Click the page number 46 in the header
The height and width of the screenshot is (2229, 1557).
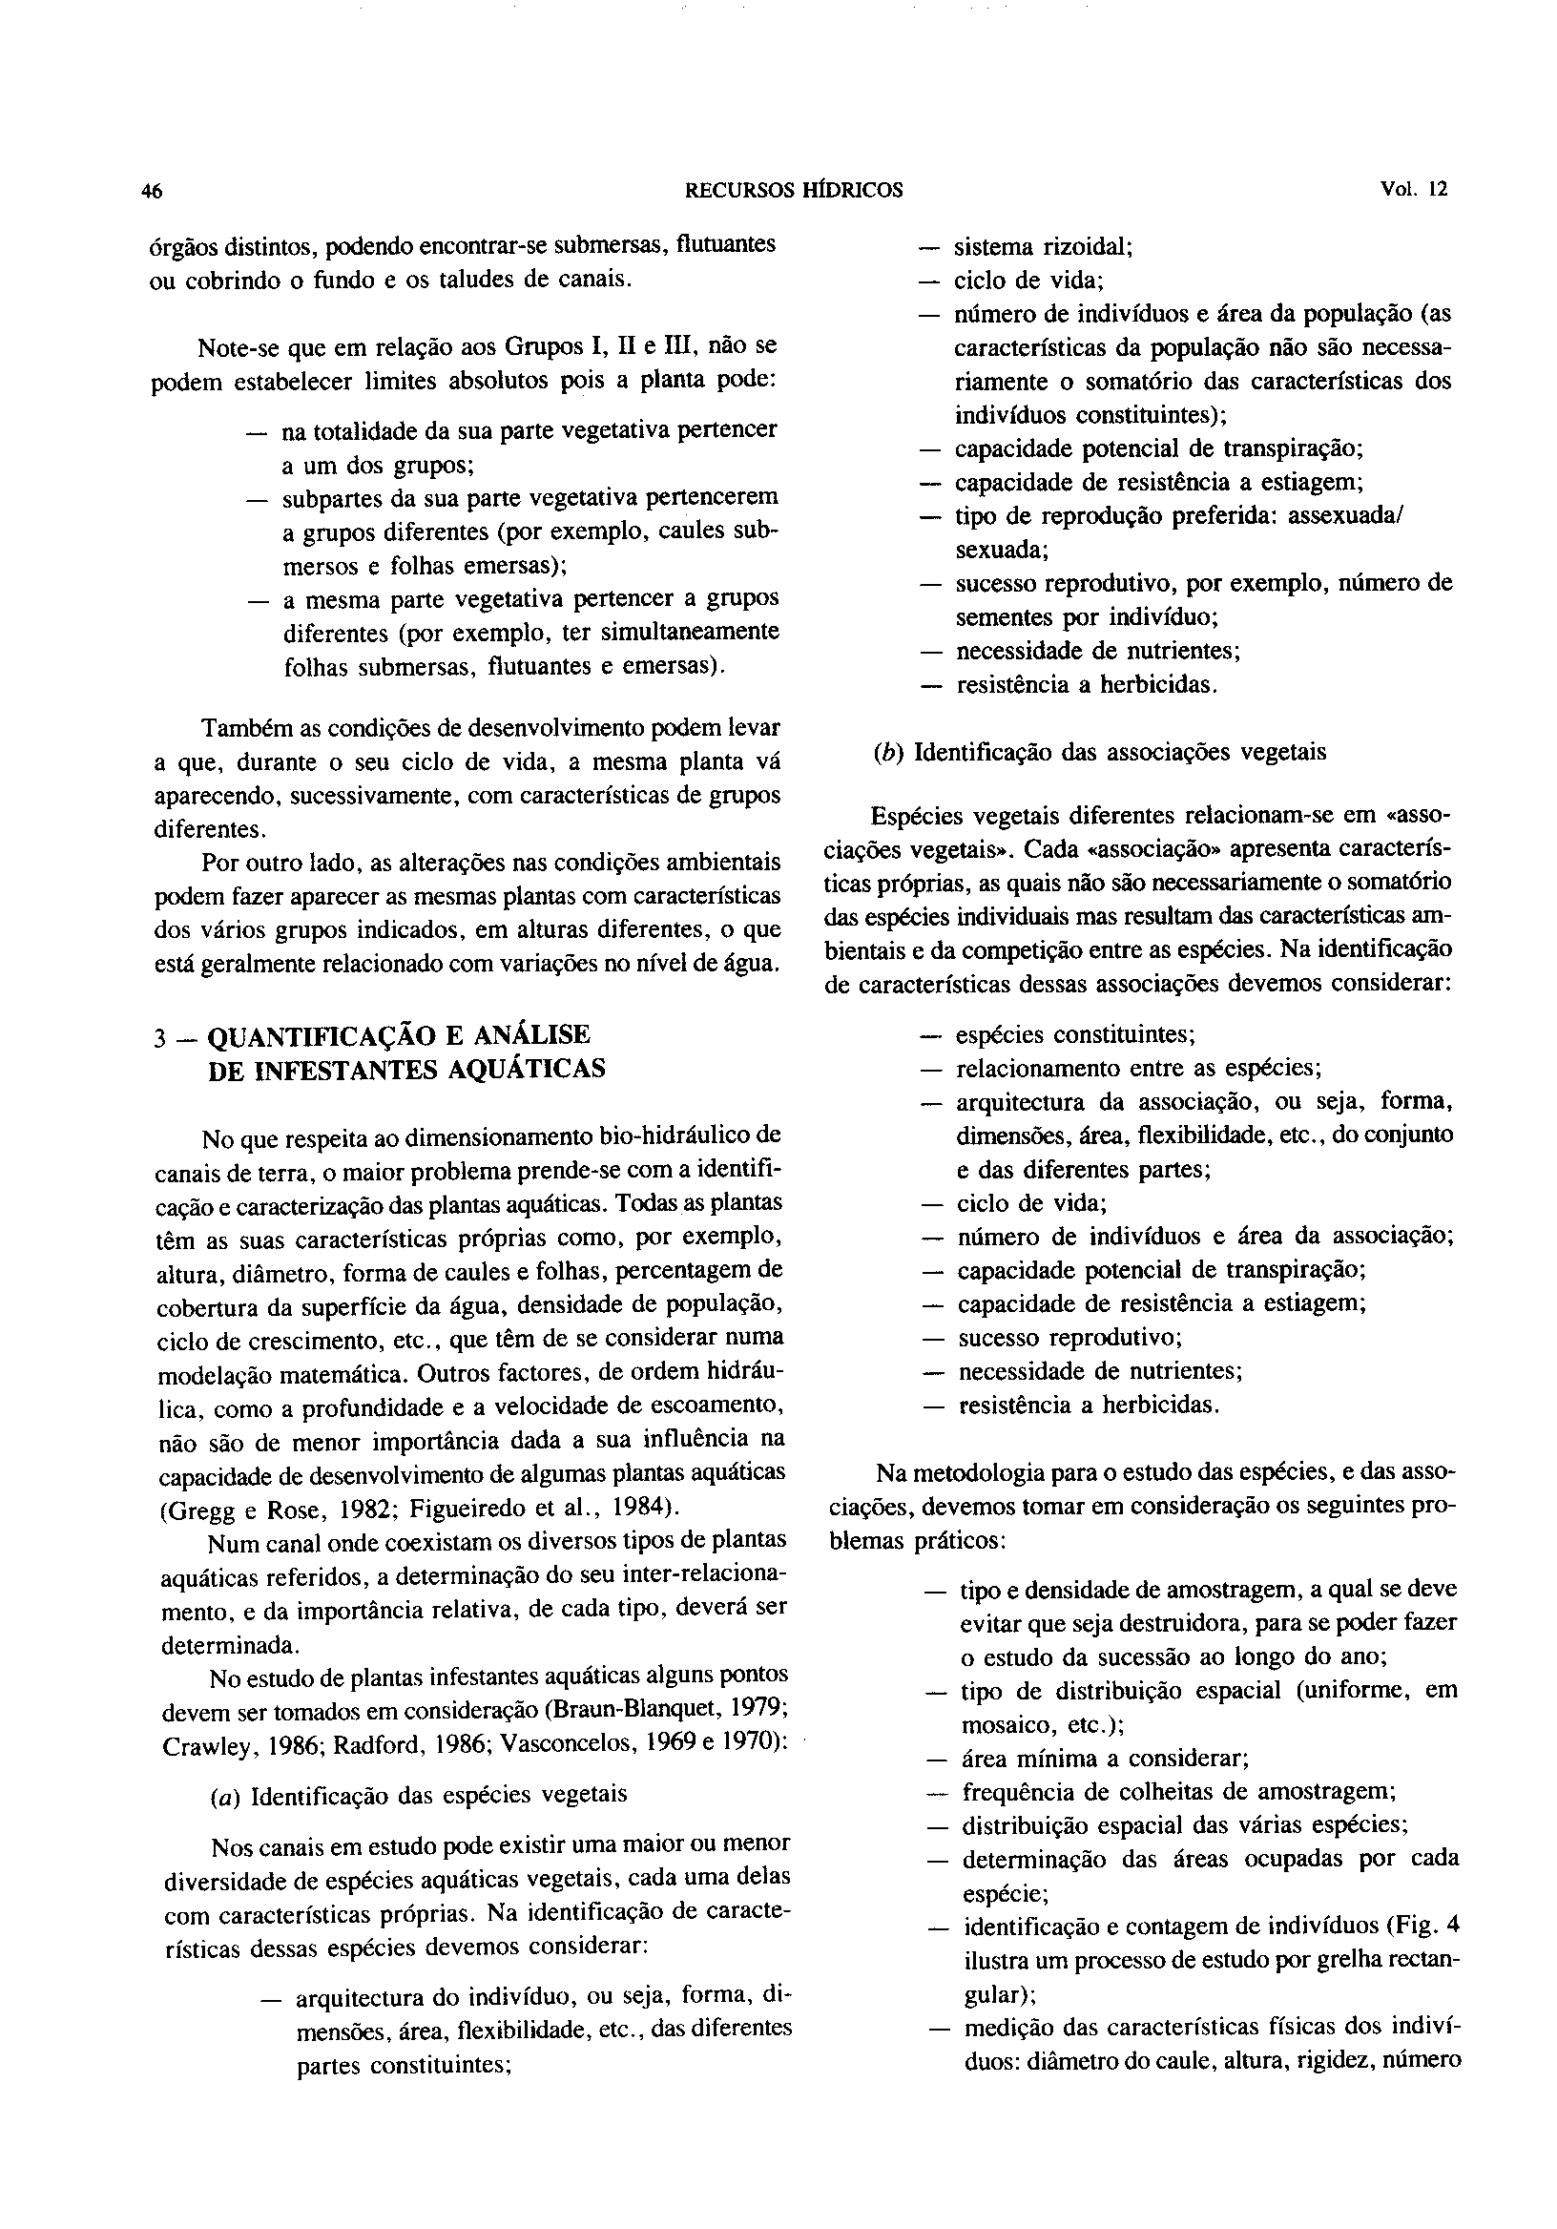pos(152,192)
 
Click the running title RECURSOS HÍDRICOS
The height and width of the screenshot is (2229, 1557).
pos(794,191)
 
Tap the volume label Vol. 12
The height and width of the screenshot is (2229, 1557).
pos(1412,190)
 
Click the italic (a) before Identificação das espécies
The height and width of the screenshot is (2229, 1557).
pos(225,1794)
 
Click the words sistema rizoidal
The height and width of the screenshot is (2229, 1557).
pos(1045,246)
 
